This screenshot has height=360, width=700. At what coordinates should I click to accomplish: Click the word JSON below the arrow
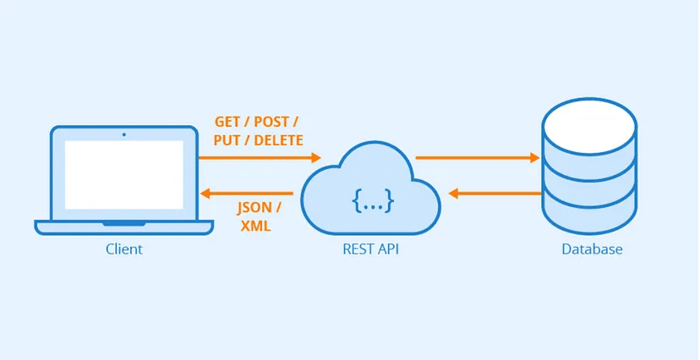click(254, 208)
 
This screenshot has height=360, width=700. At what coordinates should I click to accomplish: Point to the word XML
click(255, 226)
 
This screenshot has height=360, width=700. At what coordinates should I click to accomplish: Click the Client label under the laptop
click(124, 249)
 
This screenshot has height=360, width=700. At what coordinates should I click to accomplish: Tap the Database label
click(592, 249)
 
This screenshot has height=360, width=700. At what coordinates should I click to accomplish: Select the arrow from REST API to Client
click(245, 193)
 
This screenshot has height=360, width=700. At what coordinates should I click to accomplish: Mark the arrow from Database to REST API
click(495, 194)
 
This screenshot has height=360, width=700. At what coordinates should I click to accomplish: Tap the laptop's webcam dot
click(124, 134)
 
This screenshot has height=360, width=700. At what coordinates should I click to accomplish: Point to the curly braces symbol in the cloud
click(373, 201)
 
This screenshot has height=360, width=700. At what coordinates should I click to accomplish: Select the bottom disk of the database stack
click(589, 215)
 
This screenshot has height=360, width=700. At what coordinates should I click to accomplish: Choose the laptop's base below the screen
click(124, 227)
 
